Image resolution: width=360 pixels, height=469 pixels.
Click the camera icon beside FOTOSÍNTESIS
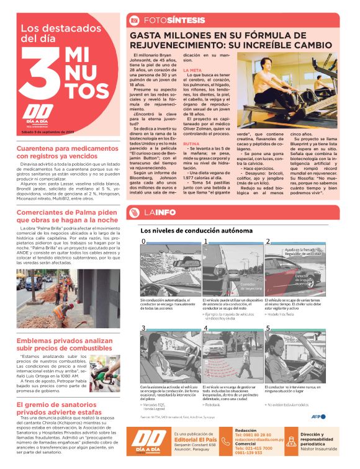click(133, 20)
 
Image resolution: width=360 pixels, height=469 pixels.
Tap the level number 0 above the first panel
click(144, 241)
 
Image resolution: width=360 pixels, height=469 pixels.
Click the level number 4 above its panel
click(205, 328)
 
